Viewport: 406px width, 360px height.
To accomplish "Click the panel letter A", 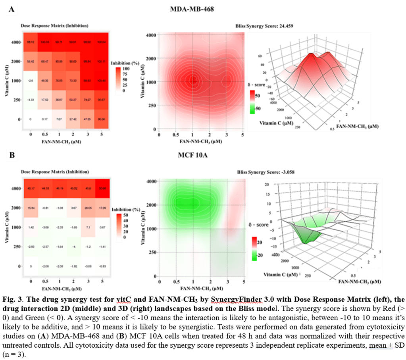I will pyautogui.click(x=12, y=9).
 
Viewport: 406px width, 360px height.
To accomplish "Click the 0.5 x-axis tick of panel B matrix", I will pyautogui.click(x=46, y=281).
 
